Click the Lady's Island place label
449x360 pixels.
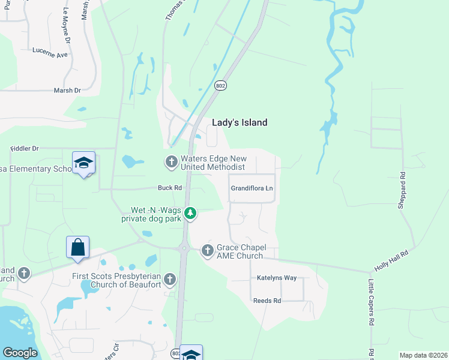pyautogui.click(x=240, y=122)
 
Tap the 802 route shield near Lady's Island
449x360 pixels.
pyautogui.click(x=221, y=86)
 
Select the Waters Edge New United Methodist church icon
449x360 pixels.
pyautogui.click(x=171, y=161)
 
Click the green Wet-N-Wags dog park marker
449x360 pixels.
pyautogui.click(x=190, y=213)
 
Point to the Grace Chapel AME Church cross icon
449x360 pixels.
pyautogui.click(x=208, y=251)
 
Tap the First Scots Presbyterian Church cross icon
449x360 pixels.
pyautogui.click(x=170, y=279)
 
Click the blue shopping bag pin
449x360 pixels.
pyautogui.click(x=78, y=247)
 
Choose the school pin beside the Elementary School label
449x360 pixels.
pyautogui.click(x=83, y=163)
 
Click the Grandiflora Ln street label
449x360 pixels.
pyautogui.click(x=252, y=188)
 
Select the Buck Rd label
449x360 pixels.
pyautogui.click(x=170, y=188)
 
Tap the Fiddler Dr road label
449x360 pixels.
pyautogui.click(x=25, y=148)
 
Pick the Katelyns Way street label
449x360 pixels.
pyautogui.click(x=277, y=278)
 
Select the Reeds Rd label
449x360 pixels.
pyautogui.click(x=267, y=301)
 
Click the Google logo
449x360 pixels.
pyautogui.click(x=19, y=353)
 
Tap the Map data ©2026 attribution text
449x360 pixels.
pyautogui.click(x=423, y=355)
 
